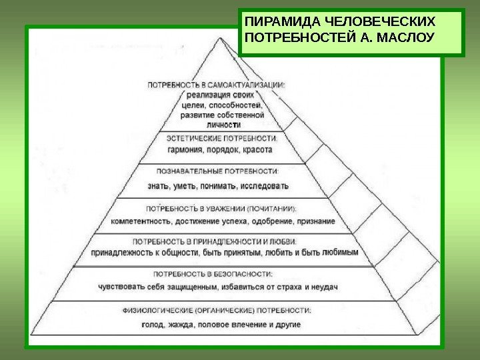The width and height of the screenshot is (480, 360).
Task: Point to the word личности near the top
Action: [x=223, y=124]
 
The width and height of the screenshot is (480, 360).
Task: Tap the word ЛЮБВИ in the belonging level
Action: [x=287, y=241]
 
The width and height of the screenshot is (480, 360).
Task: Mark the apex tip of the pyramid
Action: [x=221, y=37]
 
